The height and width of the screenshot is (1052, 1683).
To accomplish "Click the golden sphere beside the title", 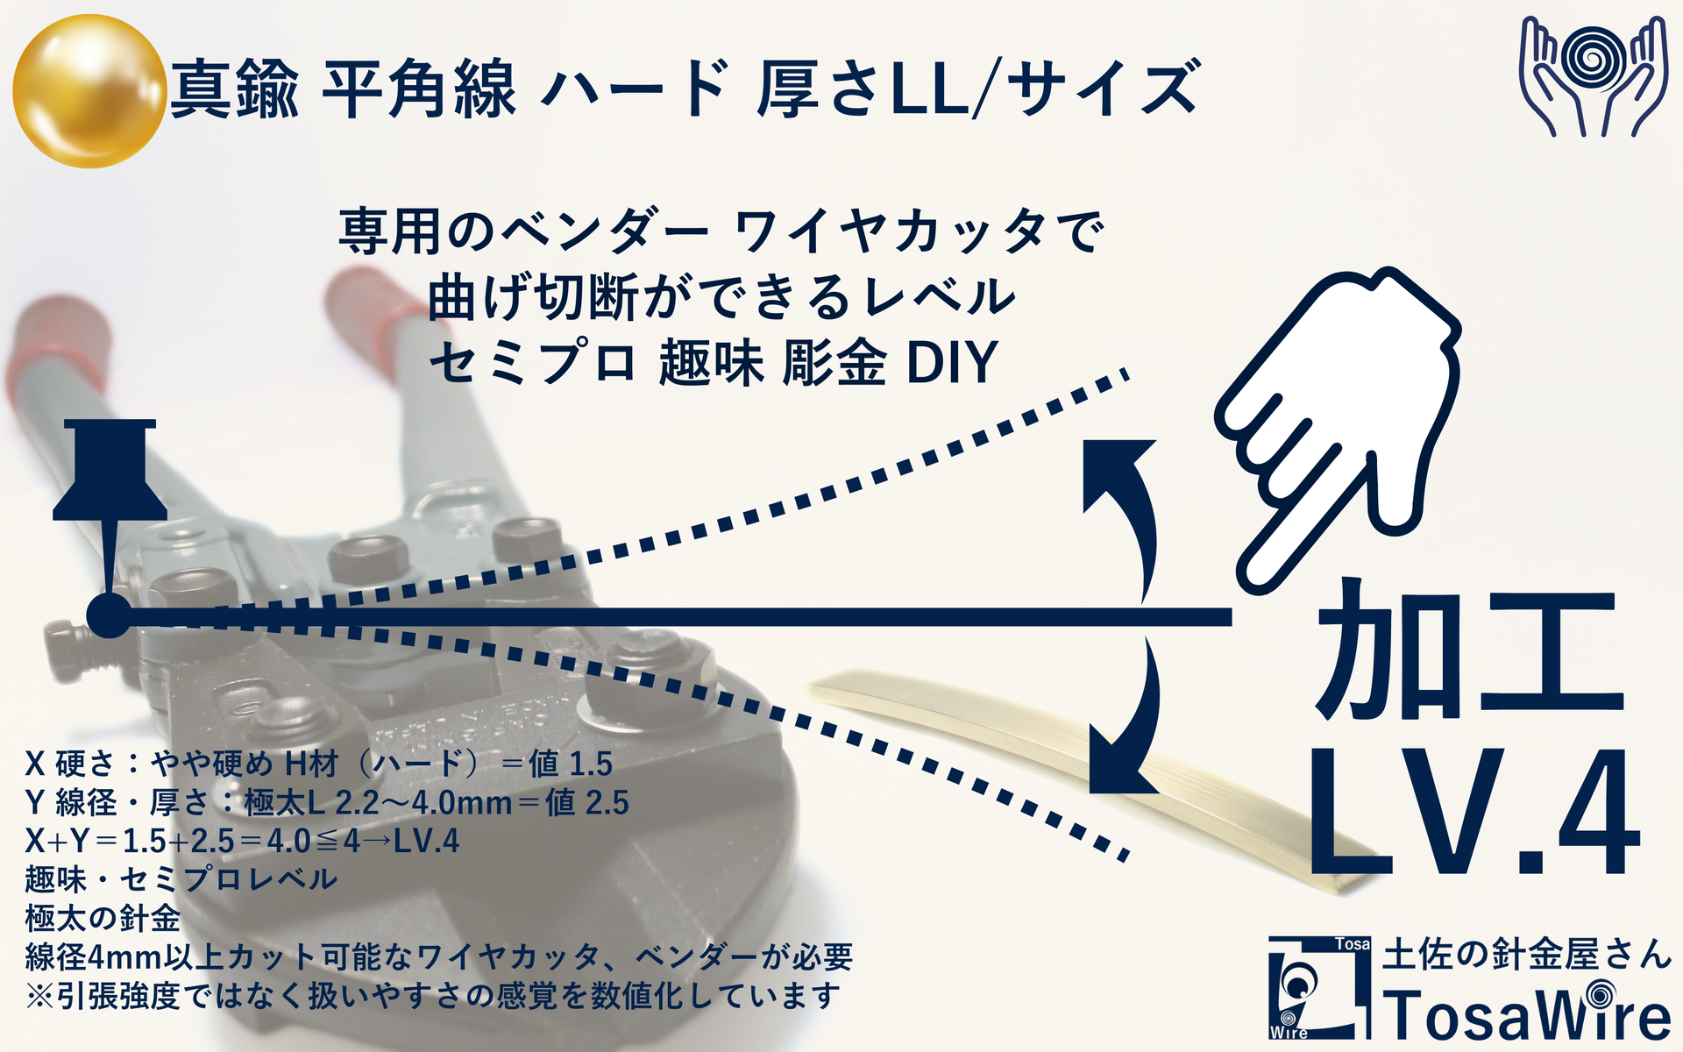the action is coord(89,90).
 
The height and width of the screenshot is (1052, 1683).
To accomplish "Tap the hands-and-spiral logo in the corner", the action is coord(1592,76).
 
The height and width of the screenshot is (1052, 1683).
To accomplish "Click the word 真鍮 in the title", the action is coord(234,89).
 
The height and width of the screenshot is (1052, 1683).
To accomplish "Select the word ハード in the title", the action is coord(635,89).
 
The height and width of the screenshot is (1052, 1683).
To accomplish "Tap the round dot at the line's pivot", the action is coord(109,616).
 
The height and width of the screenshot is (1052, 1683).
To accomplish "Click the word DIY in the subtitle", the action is coord(952,362).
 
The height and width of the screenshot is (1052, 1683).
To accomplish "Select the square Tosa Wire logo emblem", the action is coord(1319,987).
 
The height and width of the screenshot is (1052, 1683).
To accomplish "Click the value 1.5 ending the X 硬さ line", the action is coord(589,764).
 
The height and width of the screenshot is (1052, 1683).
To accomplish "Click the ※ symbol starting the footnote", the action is coord(40,996).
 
